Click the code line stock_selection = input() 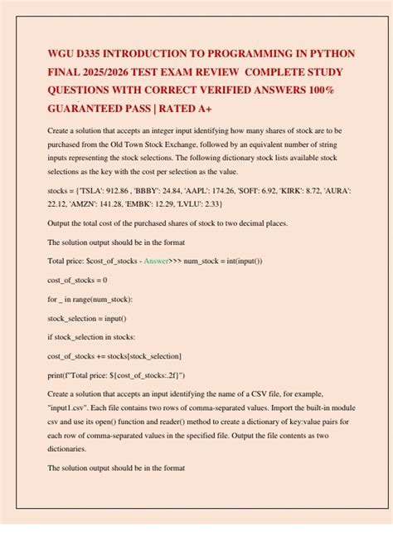(x=91, y=318)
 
